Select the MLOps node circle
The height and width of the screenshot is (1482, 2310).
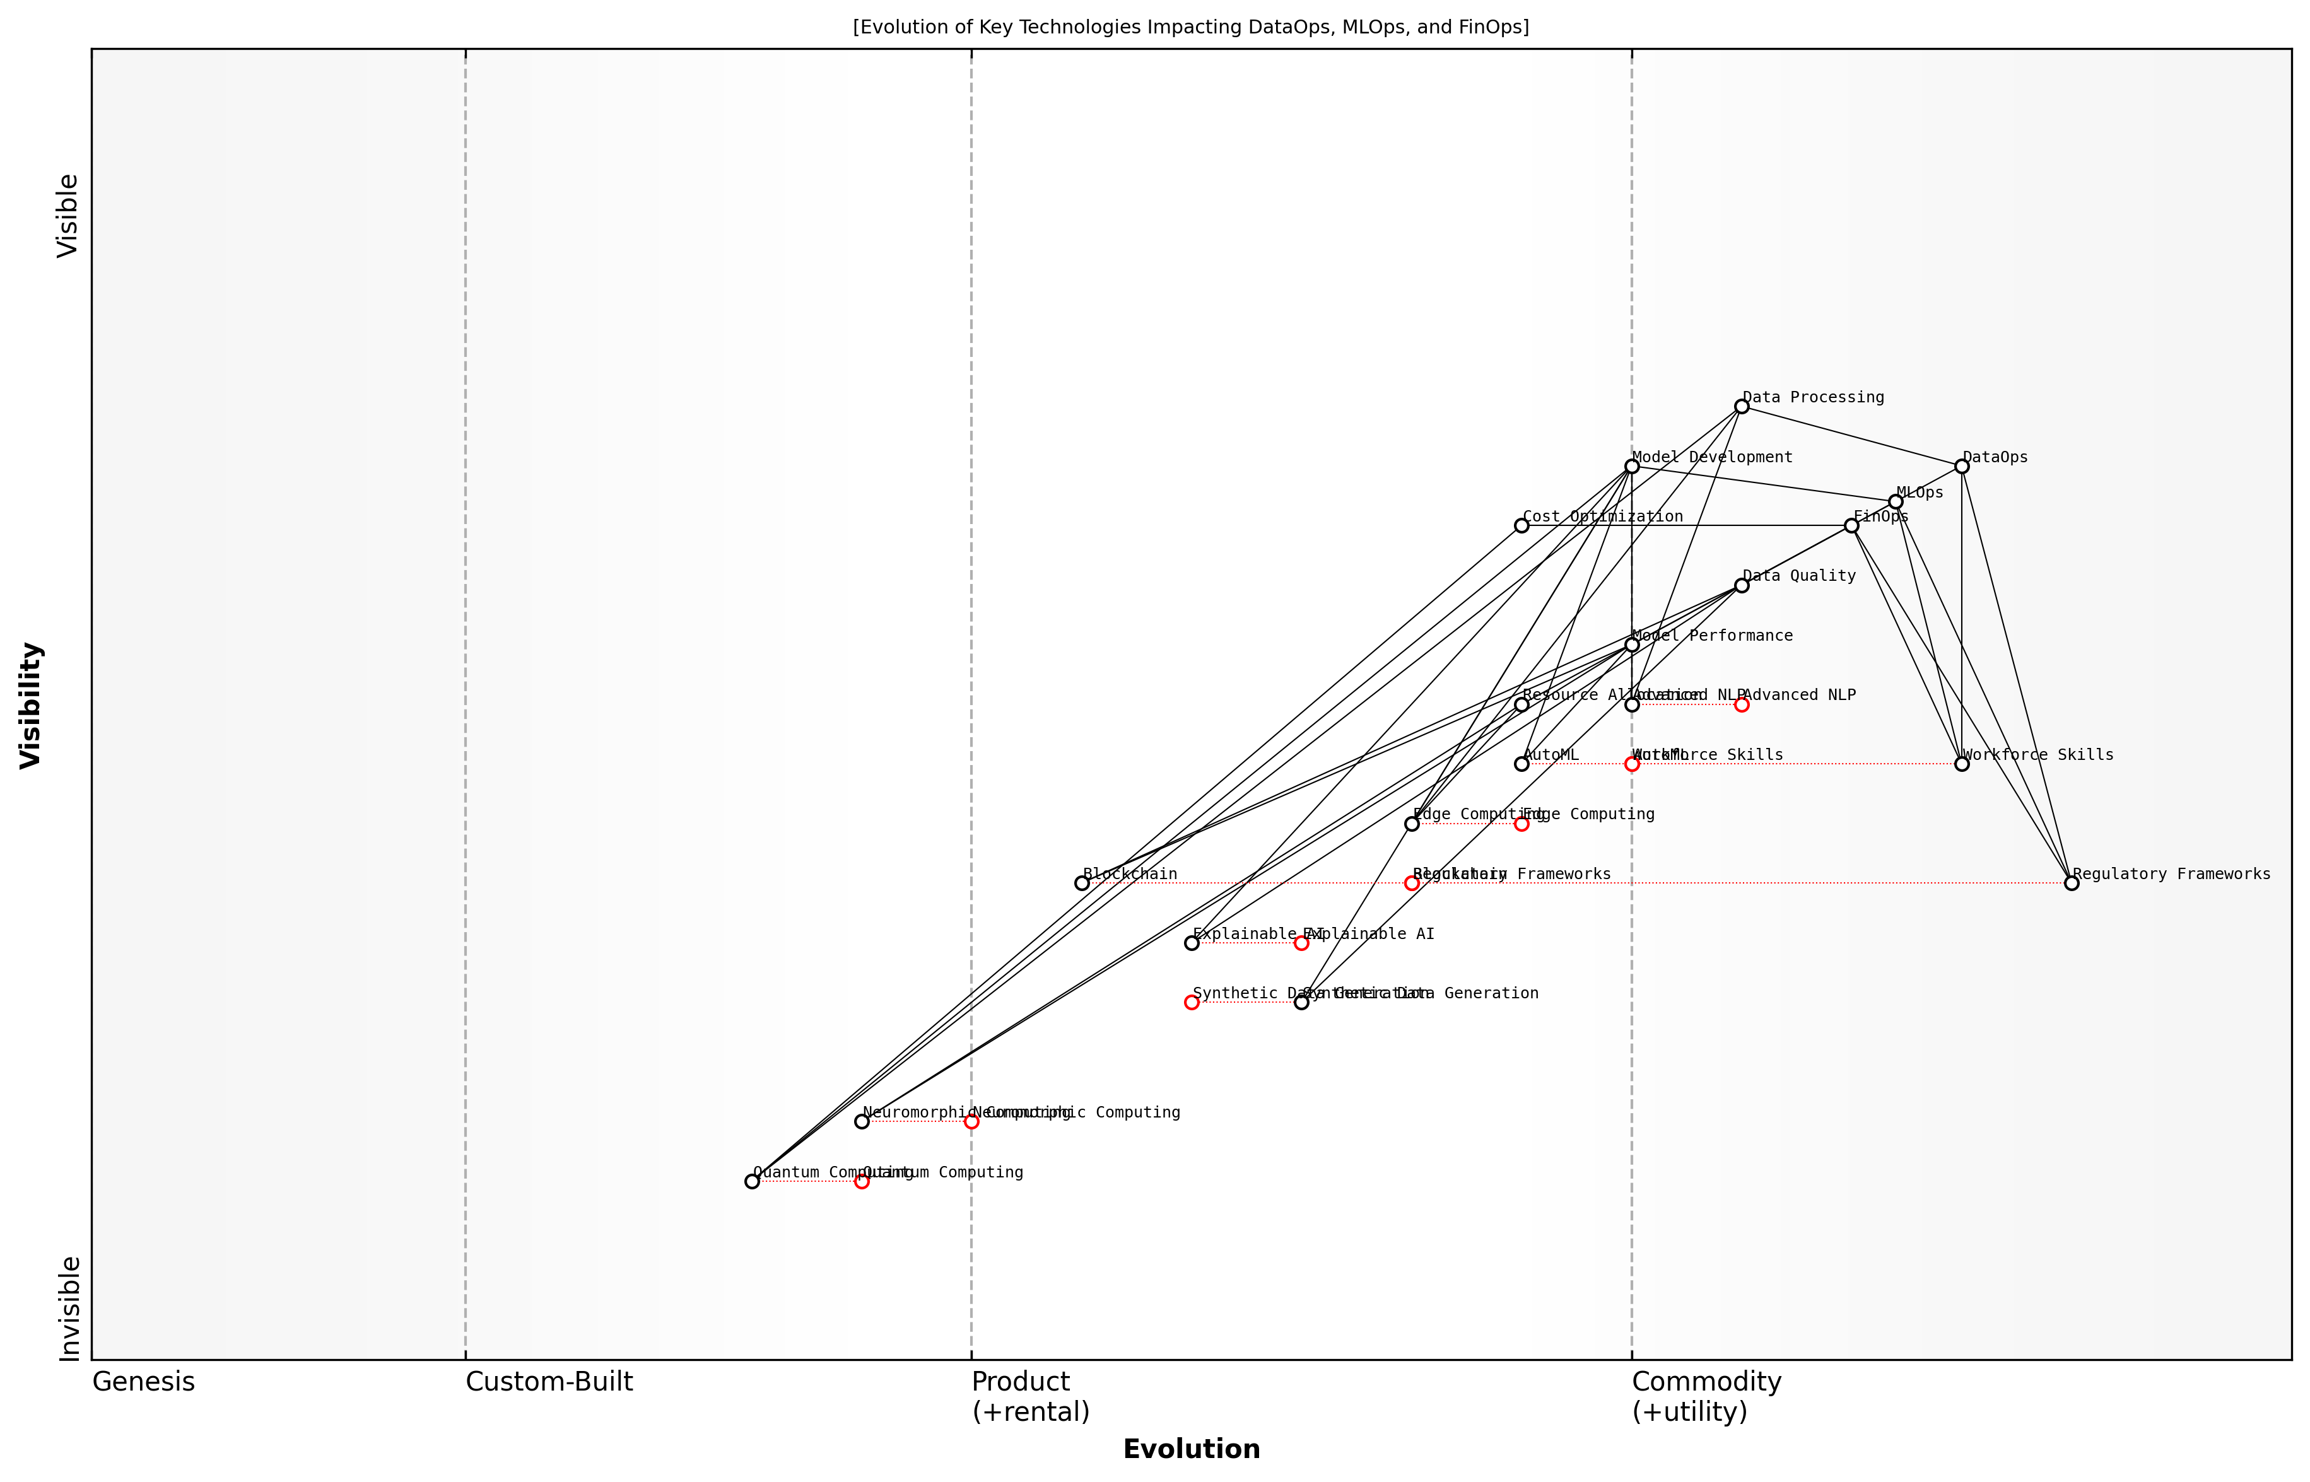(1895, 501)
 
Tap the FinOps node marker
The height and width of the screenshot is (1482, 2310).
(1851, 525)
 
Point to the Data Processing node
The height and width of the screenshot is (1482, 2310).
(1741, 406)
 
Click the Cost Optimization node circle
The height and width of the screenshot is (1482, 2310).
(1521, 525)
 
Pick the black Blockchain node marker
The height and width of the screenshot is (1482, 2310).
(1081, 882)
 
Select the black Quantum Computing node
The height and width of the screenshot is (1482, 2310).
(752, 1181)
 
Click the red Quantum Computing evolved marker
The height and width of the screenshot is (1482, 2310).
(862, 1181)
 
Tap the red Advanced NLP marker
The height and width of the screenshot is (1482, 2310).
(1741, 704)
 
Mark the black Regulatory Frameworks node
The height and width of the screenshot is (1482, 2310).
(2072, 882)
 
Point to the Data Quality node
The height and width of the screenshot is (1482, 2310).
(1741, 585)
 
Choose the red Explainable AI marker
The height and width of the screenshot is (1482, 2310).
(1301, 943)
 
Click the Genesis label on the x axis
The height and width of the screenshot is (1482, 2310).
(143, 1382)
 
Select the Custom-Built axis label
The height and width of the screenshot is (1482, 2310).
(549, 1382)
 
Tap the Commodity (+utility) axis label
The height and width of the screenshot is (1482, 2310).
(1706, 1396)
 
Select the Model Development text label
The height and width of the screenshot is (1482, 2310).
(1712, 457)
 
